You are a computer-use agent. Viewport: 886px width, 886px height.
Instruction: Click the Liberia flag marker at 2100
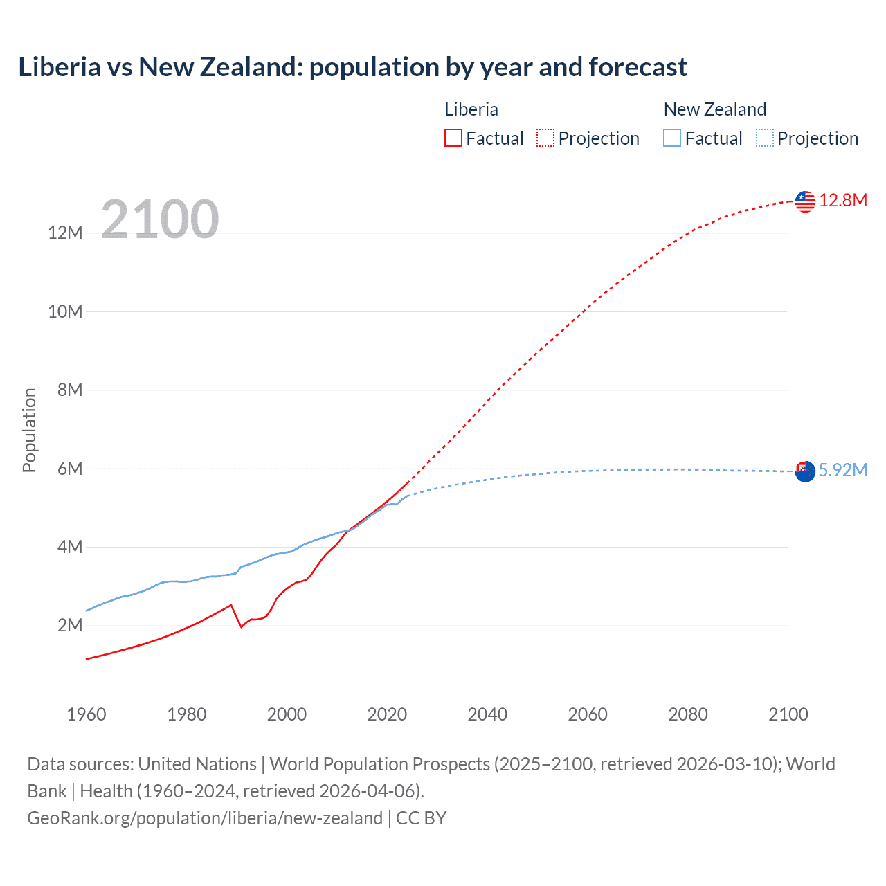(x=805, y=201)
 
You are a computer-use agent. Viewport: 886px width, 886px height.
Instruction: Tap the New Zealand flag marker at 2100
(x=805, y=472)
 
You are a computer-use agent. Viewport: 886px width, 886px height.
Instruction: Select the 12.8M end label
(x=843, y=201)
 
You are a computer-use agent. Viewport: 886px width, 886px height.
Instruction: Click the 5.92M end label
(x=843, y=471)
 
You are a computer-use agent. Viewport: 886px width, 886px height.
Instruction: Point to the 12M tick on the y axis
(x=65, y=233)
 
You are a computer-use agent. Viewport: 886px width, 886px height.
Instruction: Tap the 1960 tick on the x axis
(x=87, y=714)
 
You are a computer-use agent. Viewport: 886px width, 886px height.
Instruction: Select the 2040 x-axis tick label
(x=487, y=714)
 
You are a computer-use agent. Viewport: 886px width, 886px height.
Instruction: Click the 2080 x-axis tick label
(x=688, y=714)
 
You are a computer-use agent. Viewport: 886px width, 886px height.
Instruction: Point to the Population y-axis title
(x=29, y=430)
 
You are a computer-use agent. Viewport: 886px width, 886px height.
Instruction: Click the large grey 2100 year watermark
(x=160, y=219)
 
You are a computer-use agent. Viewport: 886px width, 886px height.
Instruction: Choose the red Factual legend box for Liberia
(x=453, y=138)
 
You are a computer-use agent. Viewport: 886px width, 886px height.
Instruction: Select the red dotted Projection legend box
(x=545, y=138)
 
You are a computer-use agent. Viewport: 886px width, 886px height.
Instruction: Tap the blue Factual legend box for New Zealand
(x=671, y=138)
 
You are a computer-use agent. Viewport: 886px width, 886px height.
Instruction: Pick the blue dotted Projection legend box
(x=765, y=138)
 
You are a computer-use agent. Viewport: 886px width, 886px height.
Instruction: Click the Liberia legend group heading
(x=471, y=109)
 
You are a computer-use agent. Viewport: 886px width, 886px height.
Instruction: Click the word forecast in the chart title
(x=638, y=67)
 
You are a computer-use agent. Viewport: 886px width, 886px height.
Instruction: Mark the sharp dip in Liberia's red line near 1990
(x=241, y=626)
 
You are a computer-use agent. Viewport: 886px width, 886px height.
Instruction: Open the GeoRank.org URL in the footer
(x=205, y=818)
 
